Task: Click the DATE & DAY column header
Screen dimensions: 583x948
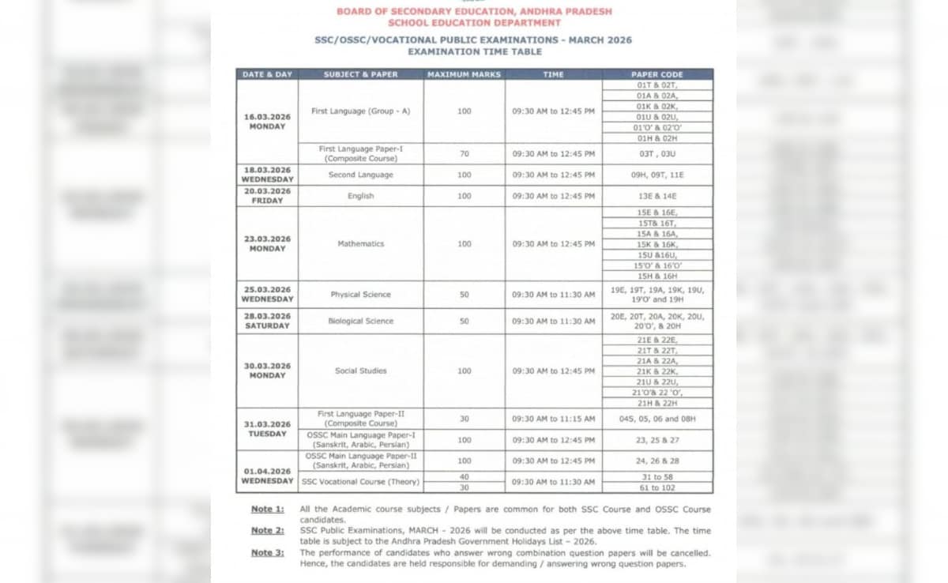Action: click(x=267, y=74)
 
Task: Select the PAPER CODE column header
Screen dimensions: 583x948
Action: click(x=656, y=74)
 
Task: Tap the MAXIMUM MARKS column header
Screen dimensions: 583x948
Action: click(x=464, y=74)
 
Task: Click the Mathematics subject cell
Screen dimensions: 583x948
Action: click(x=360, y=244)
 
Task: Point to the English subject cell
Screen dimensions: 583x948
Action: click(x=360, y=196)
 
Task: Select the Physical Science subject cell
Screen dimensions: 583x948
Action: click(x=360, y=295)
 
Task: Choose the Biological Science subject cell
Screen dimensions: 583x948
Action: click(x=360, y=322)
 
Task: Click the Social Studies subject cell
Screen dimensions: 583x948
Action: click(x=360, y=370)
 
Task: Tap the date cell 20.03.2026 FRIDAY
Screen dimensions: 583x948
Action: click(x=267, y=196)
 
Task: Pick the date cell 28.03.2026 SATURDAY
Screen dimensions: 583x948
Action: click(x=267, y=321)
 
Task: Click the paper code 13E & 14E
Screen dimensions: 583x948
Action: click(x=656, y=196)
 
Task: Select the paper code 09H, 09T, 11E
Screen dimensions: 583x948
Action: click(x=656, y=175)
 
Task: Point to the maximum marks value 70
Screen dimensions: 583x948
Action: click(x=464, y=154)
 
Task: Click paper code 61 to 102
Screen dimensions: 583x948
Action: click(x=656, y=487)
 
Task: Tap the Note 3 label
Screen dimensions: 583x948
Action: click(x=268, y=552)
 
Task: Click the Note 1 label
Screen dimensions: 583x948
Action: click(x=268, y=510)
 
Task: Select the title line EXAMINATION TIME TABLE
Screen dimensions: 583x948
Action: click(x=474, y=51)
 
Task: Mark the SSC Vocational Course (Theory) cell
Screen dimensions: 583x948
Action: click(x=360, y=482)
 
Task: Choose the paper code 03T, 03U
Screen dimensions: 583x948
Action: click(x=656, y=154)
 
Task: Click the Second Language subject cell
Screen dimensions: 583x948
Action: click(x=360, y=175)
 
